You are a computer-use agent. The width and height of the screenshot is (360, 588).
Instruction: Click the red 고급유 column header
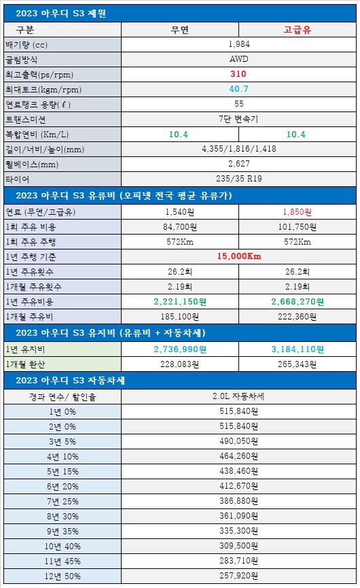[x=297, y=30]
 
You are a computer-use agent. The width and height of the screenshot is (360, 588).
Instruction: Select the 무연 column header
[x=180, y=30]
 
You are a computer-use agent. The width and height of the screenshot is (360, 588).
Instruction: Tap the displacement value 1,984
[x=239, y=44]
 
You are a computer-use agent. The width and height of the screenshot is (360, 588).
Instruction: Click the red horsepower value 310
[x=238, y=74]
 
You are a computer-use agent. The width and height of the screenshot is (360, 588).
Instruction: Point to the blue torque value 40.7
[x=238, y=89]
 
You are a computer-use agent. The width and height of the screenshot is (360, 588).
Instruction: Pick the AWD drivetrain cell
[x=238, y=59]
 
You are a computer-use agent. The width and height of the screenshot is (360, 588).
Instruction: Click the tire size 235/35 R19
[x=238, y=179]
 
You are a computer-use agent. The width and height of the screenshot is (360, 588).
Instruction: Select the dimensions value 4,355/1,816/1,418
[x=239, y=149]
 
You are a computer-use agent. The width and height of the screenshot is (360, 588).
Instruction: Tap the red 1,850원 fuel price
[x=297, y=212]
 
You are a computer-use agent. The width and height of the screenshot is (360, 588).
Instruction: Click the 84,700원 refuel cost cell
[x=180, y=227]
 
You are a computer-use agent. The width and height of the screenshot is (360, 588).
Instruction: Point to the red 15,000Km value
[x=239, y=256]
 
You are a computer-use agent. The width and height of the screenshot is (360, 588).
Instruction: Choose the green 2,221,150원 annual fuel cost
[x=180, y=302]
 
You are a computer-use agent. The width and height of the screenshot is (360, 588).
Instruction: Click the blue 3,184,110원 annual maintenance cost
[x=298, y=349]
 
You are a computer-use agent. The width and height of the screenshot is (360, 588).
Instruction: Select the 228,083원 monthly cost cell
[x=180, y=364]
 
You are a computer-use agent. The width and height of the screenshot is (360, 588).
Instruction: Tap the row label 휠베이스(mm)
[x=32, y=165]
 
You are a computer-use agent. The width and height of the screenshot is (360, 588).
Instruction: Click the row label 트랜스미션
[x=26, y=120]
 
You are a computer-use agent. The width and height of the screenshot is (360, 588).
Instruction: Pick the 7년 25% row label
[x=62, y=502]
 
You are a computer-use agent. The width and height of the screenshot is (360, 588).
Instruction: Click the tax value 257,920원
[x=238, y=576]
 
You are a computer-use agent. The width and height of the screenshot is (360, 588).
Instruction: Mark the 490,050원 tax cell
[x=238, y=441]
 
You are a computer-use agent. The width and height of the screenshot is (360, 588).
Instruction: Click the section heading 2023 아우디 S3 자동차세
[x=70, y=380]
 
